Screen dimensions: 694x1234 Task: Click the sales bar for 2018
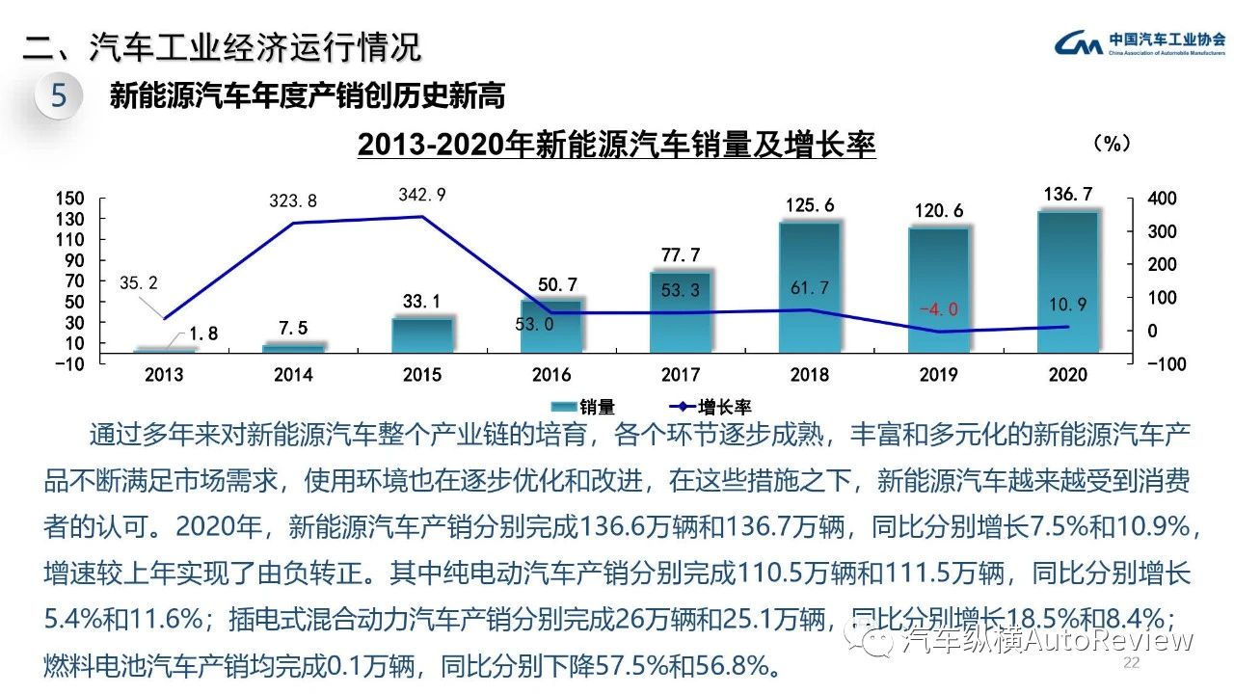pos(810,286)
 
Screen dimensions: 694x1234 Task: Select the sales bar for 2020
pos(1068,280)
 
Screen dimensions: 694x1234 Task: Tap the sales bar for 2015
pos(422,334)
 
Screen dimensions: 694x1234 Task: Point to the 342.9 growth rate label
pos(422,195)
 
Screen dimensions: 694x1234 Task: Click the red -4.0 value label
pos(938,309)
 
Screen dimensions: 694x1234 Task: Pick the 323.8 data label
pos(293,201)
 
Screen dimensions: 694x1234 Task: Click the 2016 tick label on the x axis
pos(551,375)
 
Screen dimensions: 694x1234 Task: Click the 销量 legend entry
pos(582,408)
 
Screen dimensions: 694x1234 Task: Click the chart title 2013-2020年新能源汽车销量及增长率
pos(616,145)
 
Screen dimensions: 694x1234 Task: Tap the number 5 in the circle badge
pos(59,96)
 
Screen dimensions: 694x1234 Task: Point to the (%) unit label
pos(1111,144)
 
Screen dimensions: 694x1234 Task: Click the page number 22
pos(1132,663)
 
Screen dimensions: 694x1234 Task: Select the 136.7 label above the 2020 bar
pos(1068,195)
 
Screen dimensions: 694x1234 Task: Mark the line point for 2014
pos(293,224)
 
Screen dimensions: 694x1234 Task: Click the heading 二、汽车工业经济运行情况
pos(222,47)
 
